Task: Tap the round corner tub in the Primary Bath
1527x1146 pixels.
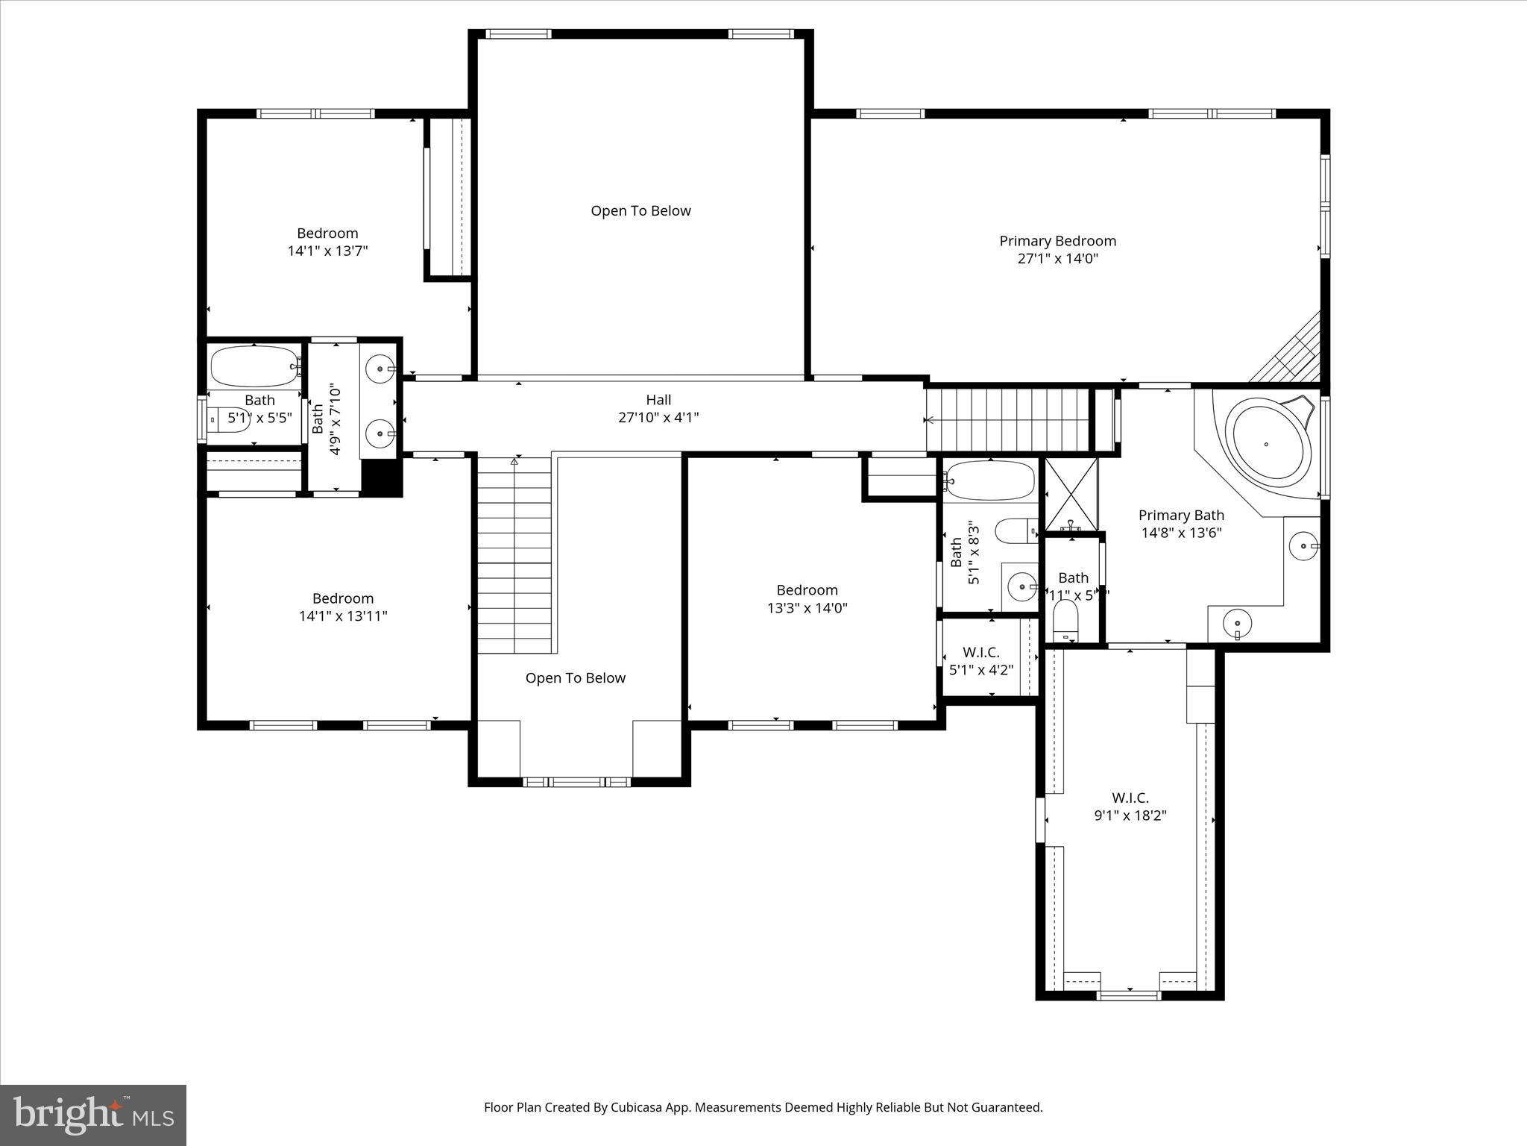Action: pos(1271,444)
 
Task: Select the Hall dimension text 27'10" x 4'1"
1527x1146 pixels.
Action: pos(658,418)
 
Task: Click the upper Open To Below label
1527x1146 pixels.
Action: pos(640,211)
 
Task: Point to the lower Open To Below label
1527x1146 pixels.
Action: pos(575,678)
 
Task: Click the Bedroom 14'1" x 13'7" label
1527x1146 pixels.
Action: pos(327,242)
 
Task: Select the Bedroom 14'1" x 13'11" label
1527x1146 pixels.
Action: pos(343,607)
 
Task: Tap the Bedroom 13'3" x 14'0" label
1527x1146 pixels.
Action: pos(807,599)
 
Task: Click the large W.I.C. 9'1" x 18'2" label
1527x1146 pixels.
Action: pos(1130,807)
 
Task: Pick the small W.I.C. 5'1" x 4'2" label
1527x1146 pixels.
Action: pos(980,661)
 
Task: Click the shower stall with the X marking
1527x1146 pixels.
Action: pos(1071,494)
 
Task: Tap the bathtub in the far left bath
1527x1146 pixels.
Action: pos(254,366)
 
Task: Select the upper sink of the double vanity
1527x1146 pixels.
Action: pos(382,368)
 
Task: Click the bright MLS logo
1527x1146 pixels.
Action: pos(93,1115)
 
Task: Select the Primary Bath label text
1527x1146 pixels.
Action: pos(1181,516)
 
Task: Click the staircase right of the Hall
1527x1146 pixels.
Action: pos(1007,420)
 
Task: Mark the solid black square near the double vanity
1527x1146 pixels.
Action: pos(381,477)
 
